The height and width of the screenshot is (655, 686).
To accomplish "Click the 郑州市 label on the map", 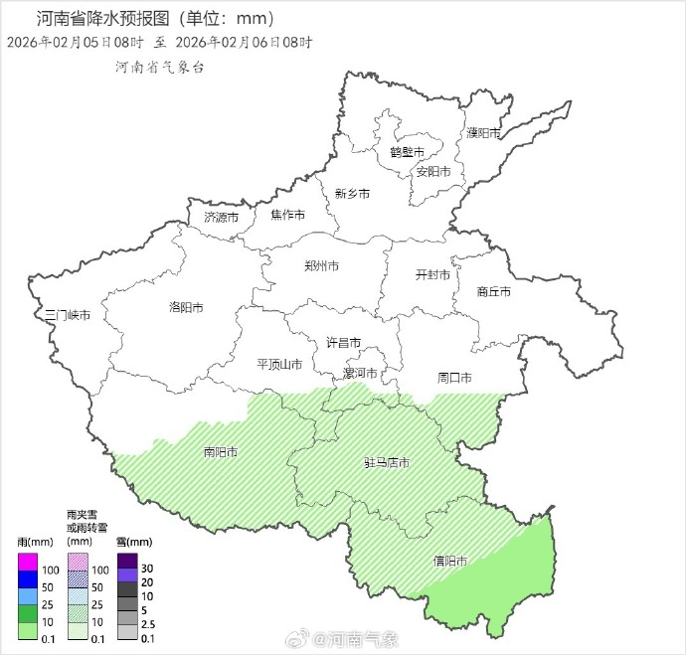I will click(321, 266).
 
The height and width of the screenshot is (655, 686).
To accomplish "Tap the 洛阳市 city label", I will click(187, 308).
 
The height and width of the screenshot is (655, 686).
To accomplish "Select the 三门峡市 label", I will click(69, 315).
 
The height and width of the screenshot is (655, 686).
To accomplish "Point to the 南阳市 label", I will click(221, 452).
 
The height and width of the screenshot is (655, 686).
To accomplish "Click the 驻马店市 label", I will click(387, 463).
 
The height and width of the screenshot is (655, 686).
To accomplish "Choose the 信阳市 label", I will click(450, 561).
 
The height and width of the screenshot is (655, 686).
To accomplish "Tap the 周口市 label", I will click(454, 378).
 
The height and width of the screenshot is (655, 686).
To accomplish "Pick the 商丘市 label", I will click(494, 291).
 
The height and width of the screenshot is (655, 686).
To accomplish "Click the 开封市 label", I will click(432, 274).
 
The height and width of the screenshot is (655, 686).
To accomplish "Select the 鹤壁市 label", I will click(407, 152).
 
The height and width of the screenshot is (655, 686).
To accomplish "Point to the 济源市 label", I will click(221, 217).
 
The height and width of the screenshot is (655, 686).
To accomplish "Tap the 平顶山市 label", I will click(279, 364).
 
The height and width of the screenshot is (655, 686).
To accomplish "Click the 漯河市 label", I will click(360, 374).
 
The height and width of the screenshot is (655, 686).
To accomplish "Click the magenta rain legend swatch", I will click(28, 562).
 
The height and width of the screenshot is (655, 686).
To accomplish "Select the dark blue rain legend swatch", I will click(28, 578).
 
